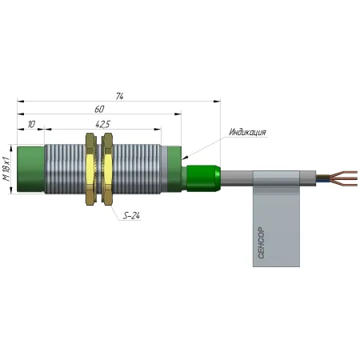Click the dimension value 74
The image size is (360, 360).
(119, 96)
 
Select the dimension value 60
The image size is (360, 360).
(99, 110)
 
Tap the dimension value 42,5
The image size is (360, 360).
(102, 124)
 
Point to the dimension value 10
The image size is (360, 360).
(31, 124)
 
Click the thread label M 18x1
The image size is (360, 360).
(6, 169)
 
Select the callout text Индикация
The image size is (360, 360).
(248, 132)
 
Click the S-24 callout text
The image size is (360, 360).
(131, 215)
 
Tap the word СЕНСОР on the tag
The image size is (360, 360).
(261, 242)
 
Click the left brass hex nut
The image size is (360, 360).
(90, 169)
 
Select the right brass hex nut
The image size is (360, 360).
(108, 169)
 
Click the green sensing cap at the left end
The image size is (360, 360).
(30, 169)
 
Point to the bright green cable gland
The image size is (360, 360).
(203, 178)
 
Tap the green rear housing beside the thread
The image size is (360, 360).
(174, 169)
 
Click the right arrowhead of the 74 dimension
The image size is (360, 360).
(217, 101)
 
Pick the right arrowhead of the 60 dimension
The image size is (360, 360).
(178, 114)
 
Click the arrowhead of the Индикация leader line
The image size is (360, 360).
(185, 158)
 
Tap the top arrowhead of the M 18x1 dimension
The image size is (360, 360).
(11, 148)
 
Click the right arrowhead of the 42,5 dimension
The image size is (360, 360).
(158, 130)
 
